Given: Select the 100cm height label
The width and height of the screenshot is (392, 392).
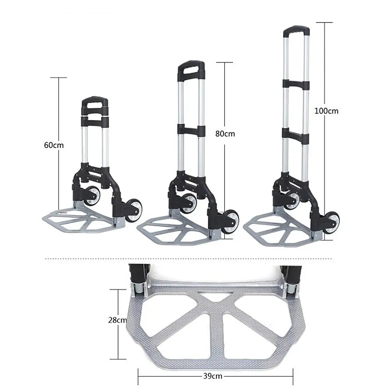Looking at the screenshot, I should (x=326, y=111).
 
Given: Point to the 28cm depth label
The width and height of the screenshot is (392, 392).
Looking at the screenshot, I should (x=117, y=320).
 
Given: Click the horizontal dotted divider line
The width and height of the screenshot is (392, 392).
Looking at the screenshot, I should (x=191, y=259).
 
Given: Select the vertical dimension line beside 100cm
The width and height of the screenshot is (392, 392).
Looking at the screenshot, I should (x=325, y=172).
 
